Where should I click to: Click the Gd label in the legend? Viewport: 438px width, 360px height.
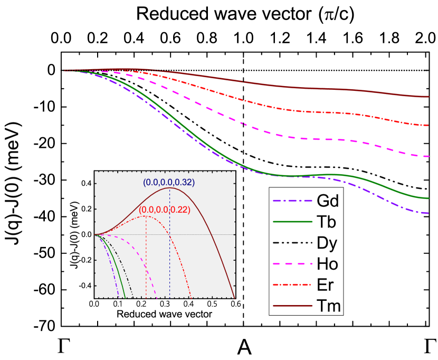[327, 201]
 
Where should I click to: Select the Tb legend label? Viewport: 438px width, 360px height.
[326, 222]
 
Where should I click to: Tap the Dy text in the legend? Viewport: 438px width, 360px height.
[327, 243]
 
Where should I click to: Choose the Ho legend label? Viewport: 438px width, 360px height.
[327, 263]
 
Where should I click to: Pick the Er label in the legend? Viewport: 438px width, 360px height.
[325, 285]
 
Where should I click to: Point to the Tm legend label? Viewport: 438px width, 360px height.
[328, 306]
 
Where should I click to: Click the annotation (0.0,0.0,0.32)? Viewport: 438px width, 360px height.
[169, 182]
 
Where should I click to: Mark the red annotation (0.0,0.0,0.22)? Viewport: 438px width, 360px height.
[164, 210]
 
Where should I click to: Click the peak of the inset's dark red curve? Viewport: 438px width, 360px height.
[169, 188]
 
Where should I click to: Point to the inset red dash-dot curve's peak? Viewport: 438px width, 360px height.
[146, 216]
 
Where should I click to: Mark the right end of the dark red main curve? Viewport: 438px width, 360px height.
[428, 97]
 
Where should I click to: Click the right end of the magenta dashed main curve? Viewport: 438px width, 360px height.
[428, 156]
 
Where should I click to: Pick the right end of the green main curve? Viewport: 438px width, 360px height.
[428, 198]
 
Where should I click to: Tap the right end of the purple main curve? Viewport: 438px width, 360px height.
[428, 213]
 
